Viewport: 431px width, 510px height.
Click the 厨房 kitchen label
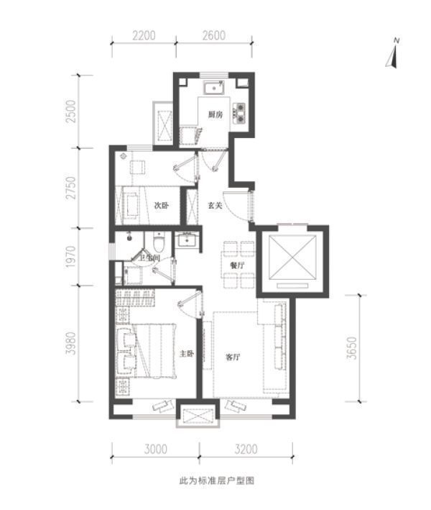pyautogui.click(x=215, y=114)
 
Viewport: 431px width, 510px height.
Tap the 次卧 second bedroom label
pyautogui.click(x=162, y=205)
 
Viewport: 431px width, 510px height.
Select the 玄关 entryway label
pyautogui.click(x=215, y=205)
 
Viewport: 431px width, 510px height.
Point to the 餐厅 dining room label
pyautogui.click(x=237, y=265)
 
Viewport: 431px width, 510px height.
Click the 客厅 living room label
pyautogui.click(x=233, y=357)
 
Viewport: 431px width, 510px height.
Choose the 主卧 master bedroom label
pyautogui.click(x=187, y=354)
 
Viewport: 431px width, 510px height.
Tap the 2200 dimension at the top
pyautogui.click(x=144, y=35)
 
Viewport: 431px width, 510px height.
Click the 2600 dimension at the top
pyautogui.click(x=214, y=35)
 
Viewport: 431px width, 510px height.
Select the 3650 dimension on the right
pyautogui.click(x=352, y=348)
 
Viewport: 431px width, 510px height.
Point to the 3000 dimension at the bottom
pyautogui.click(x=156, y=449)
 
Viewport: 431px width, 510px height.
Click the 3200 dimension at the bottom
pyautogui.click(x=246, y=449)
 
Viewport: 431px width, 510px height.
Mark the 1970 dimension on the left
pyautogui.click(x=70, y=257)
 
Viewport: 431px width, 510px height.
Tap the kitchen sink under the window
pyautogui.click(x=214, y=88)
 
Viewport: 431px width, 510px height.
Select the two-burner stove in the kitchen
pyautogui.click(x=240, y=113)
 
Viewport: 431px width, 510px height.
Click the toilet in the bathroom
pyautogui.click(x=159, y=242)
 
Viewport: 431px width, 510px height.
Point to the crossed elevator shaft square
pyautogui.click(x=292, y=257)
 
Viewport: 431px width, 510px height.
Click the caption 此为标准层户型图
pyautogui.click(x=217, y=481)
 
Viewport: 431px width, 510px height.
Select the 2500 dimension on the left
pyautogui.click(x=70, y=111)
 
